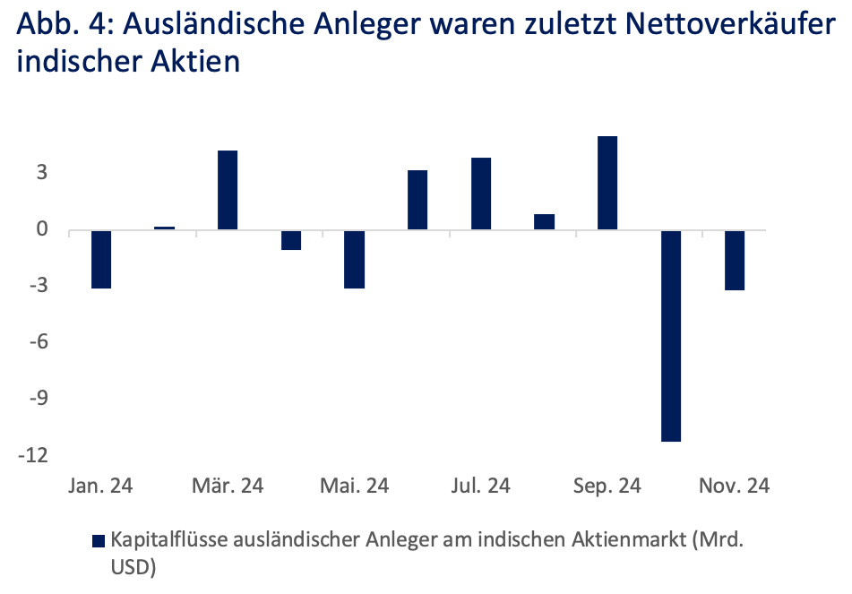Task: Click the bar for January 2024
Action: point(101,259)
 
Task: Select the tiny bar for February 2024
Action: point(165,228)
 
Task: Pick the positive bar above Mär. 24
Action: point(228,190)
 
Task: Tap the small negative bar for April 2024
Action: point(291,239)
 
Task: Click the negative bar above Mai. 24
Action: point(354,259)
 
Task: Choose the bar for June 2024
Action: point(417,200)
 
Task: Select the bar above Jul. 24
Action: point(481,194)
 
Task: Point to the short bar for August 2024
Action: point(544,221)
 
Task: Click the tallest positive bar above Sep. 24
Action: point(607,183)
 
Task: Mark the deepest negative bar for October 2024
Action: point(671,335)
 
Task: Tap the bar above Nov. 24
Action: point(734,260)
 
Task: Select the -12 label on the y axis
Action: point(37,456)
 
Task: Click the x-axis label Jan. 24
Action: point(100,486)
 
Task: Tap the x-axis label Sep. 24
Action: point(608,486)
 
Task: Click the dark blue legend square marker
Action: point(99,540)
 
